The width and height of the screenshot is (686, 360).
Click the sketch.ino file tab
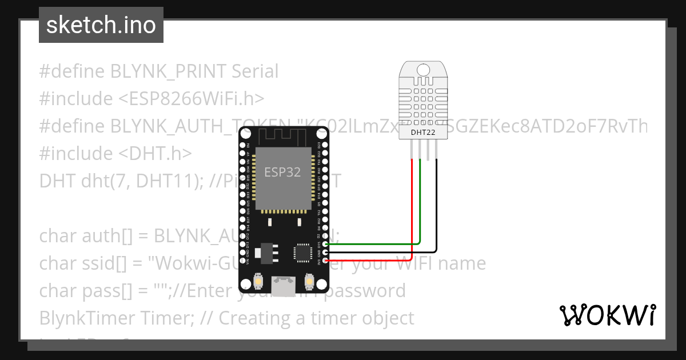(101, 25)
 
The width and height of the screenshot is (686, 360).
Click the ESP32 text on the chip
(282, 171)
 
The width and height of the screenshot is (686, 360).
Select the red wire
(412, 211)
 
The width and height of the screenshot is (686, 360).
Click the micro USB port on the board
(284, 286)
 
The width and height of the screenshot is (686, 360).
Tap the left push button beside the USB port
(259, 282)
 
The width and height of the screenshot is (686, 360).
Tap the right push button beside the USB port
(309, 282)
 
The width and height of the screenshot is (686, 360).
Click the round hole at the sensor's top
(422, 69)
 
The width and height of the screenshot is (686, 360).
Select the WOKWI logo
(607, 315)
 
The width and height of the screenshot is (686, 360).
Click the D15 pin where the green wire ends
(325, 244)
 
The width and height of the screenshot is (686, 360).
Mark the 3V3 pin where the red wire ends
(325, 261)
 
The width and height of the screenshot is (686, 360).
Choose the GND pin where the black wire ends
(325, 253)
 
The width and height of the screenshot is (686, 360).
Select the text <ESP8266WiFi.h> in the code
(192, 99)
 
